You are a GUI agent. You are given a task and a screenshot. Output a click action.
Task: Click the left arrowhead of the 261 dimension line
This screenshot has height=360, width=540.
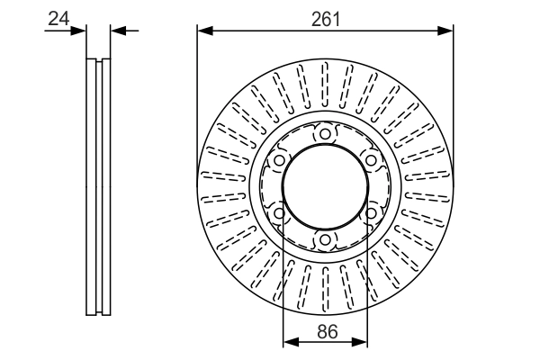[203, 31]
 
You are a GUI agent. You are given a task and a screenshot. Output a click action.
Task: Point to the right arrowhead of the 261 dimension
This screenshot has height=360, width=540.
[446, 31]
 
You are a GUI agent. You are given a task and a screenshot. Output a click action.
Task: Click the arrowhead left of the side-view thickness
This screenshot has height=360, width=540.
[81, 31]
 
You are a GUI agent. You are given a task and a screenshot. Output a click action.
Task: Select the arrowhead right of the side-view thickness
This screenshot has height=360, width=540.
[116, 31]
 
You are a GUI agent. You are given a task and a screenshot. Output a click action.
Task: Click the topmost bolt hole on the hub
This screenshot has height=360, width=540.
[325, 134]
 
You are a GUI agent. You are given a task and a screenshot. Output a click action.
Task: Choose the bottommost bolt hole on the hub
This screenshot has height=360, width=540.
[325, 239]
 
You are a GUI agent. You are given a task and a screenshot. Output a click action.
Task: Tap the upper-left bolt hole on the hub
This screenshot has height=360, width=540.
[279, 160]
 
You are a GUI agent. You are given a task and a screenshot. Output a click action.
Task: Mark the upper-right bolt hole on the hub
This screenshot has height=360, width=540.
[370, 160]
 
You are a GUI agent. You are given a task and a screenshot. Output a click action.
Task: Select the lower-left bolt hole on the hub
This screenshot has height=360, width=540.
[279, 213]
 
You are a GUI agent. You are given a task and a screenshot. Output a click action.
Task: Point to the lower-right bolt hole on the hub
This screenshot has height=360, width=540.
[370, 213]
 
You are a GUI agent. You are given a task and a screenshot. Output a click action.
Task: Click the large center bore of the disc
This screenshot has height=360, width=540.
[325, 186]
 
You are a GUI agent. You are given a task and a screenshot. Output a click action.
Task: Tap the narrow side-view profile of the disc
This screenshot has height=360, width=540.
[98, 186]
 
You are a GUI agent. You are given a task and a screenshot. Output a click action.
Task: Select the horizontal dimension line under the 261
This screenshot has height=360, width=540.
[270, 31]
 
